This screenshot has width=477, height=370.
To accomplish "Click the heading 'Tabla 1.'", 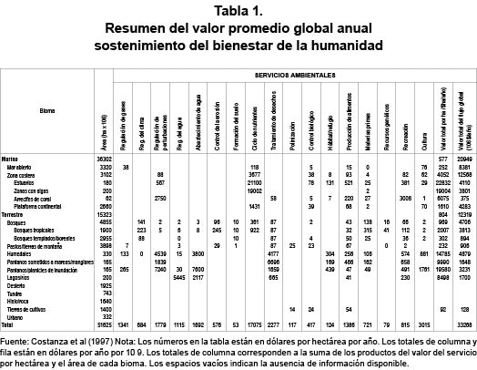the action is [238, 11].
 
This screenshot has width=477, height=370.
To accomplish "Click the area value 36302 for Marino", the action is [103, 159].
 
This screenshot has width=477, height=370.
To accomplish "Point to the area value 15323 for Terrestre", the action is [103, 213].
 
